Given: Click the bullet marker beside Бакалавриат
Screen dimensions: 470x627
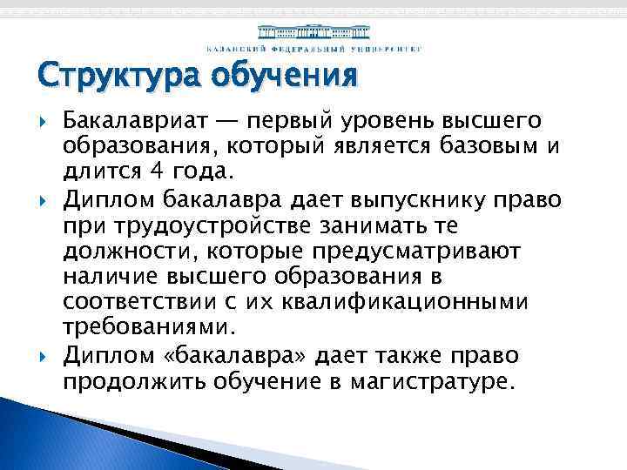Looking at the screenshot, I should [44, 119].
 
